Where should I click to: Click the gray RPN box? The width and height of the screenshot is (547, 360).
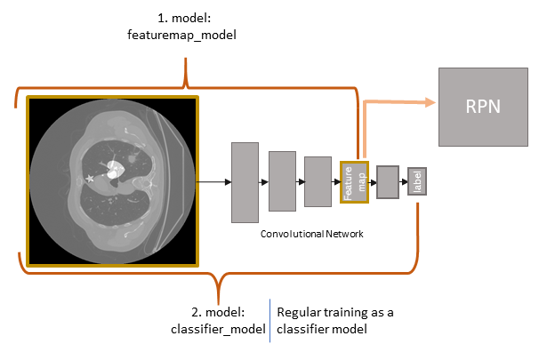[x=483, y=107]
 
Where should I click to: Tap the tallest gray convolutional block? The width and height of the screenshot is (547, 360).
[x=244, y=181]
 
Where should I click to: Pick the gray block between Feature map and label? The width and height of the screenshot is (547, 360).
[x=386, y=181]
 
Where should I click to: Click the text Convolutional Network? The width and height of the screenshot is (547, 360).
[x=308, y=234]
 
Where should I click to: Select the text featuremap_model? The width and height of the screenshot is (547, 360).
[x=183, y=36]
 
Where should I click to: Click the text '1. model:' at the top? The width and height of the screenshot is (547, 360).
[x=183, y=19]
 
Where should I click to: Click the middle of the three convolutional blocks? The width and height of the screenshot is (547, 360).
[x=281, y=181]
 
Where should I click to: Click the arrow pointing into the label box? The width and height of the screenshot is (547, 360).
[x=403, y=181]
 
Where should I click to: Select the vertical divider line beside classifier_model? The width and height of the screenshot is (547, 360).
[x=270, y=321]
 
